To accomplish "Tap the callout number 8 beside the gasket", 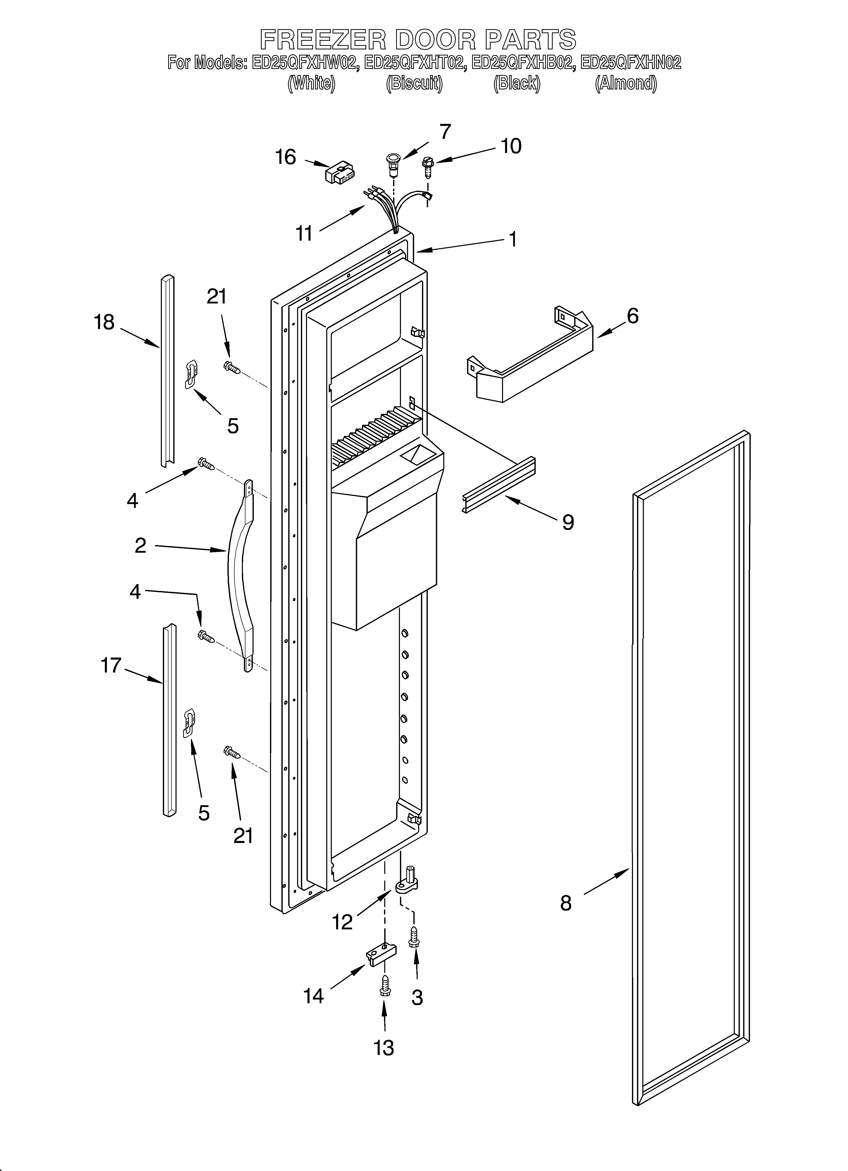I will tap(566, 903).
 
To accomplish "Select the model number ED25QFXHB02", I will tap(523, 63).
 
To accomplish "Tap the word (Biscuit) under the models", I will tap(414, 83).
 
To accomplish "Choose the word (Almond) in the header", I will tap(626, 83).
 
